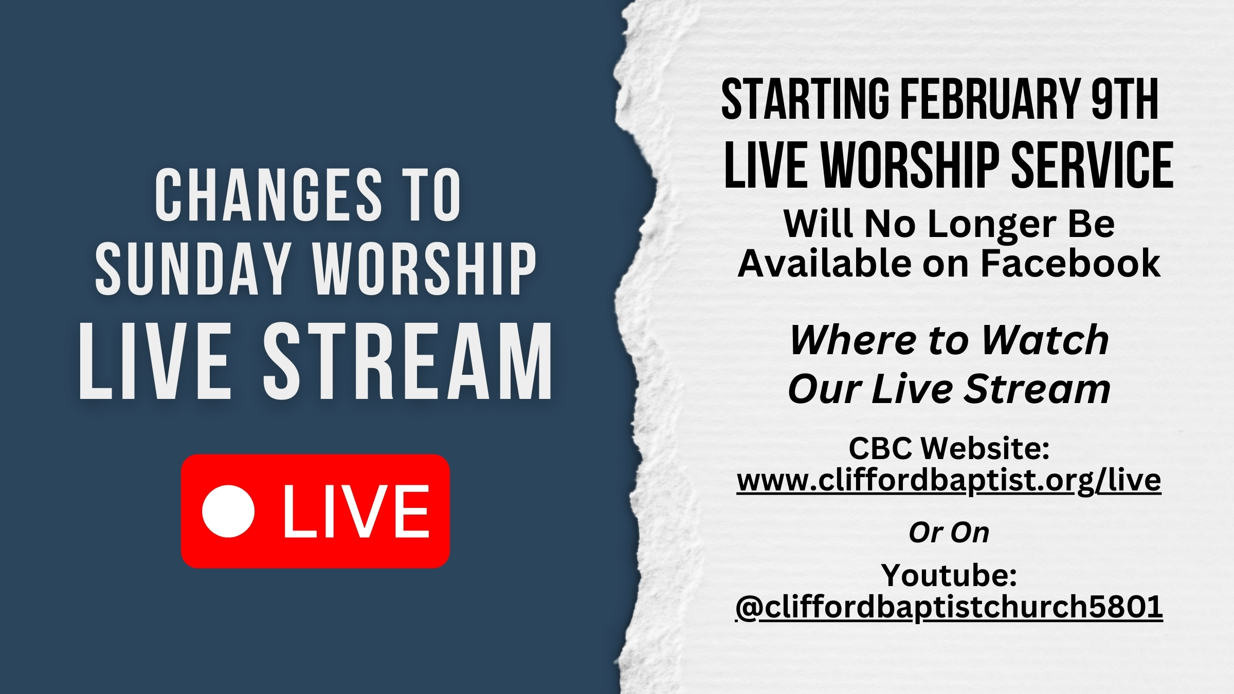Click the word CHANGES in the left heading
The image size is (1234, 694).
(269, 195)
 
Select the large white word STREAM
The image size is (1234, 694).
(408, 361)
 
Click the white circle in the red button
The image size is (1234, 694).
(228, 511)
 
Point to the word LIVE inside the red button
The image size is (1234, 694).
(356, 512)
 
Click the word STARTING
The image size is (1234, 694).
(805, 99)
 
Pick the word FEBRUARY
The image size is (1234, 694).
(990, 99)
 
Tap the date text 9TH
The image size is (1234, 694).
(1124, 99)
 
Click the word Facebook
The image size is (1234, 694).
(1070, 263)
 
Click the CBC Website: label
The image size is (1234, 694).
(949, 448)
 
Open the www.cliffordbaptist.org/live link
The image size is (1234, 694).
(949, 481)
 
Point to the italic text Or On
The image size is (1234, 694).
(949, 533)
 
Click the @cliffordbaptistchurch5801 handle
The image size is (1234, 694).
(949, 608)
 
